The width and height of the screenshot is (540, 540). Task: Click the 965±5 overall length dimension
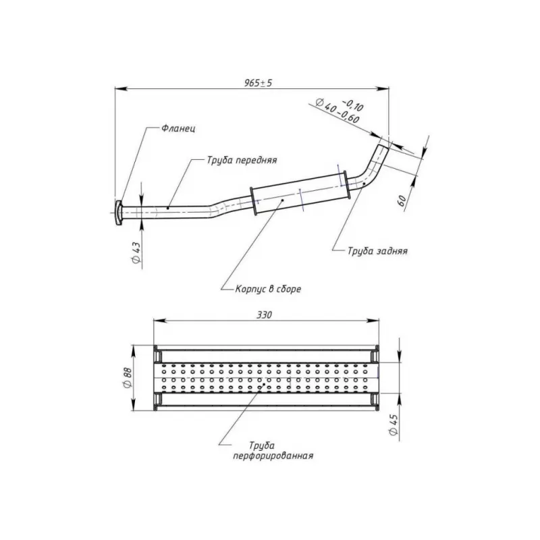[x=258, y=83]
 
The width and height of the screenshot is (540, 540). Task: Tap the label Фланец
[x=178, y=128]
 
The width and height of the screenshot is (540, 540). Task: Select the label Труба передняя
[x=242, y=160]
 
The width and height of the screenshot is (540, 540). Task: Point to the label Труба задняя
[x=377, y=250]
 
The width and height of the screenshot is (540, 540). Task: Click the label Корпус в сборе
[x=268, y=289]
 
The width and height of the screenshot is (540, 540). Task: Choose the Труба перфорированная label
[x=273, y=451]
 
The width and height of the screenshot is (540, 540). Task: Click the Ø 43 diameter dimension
[x=136, y=252]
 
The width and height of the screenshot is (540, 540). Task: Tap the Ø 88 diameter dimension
[x=127, y=377]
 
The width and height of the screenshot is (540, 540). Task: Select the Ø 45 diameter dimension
[x=394, y=425]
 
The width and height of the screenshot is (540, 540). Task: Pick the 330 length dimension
[x=264, y=315]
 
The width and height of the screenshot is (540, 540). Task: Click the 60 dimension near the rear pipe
[x=402, y=200]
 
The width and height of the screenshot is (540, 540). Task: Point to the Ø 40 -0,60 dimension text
[x=337, y=110]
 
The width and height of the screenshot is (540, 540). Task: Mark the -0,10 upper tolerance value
[x=352, y=106]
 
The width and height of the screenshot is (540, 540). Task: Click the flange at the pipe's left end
[x=119, y=213]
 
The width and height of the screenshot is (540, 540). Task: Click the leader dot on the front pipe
[x=167, y=208]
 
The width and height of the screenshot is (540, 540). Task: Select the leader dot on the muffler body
[x=283, y=200]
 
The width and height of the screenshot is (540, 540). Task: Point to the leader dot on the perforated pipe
[x=264, y=383]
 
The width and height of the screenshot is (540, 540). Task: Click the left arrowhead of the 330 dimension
[x=159, y=321]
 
